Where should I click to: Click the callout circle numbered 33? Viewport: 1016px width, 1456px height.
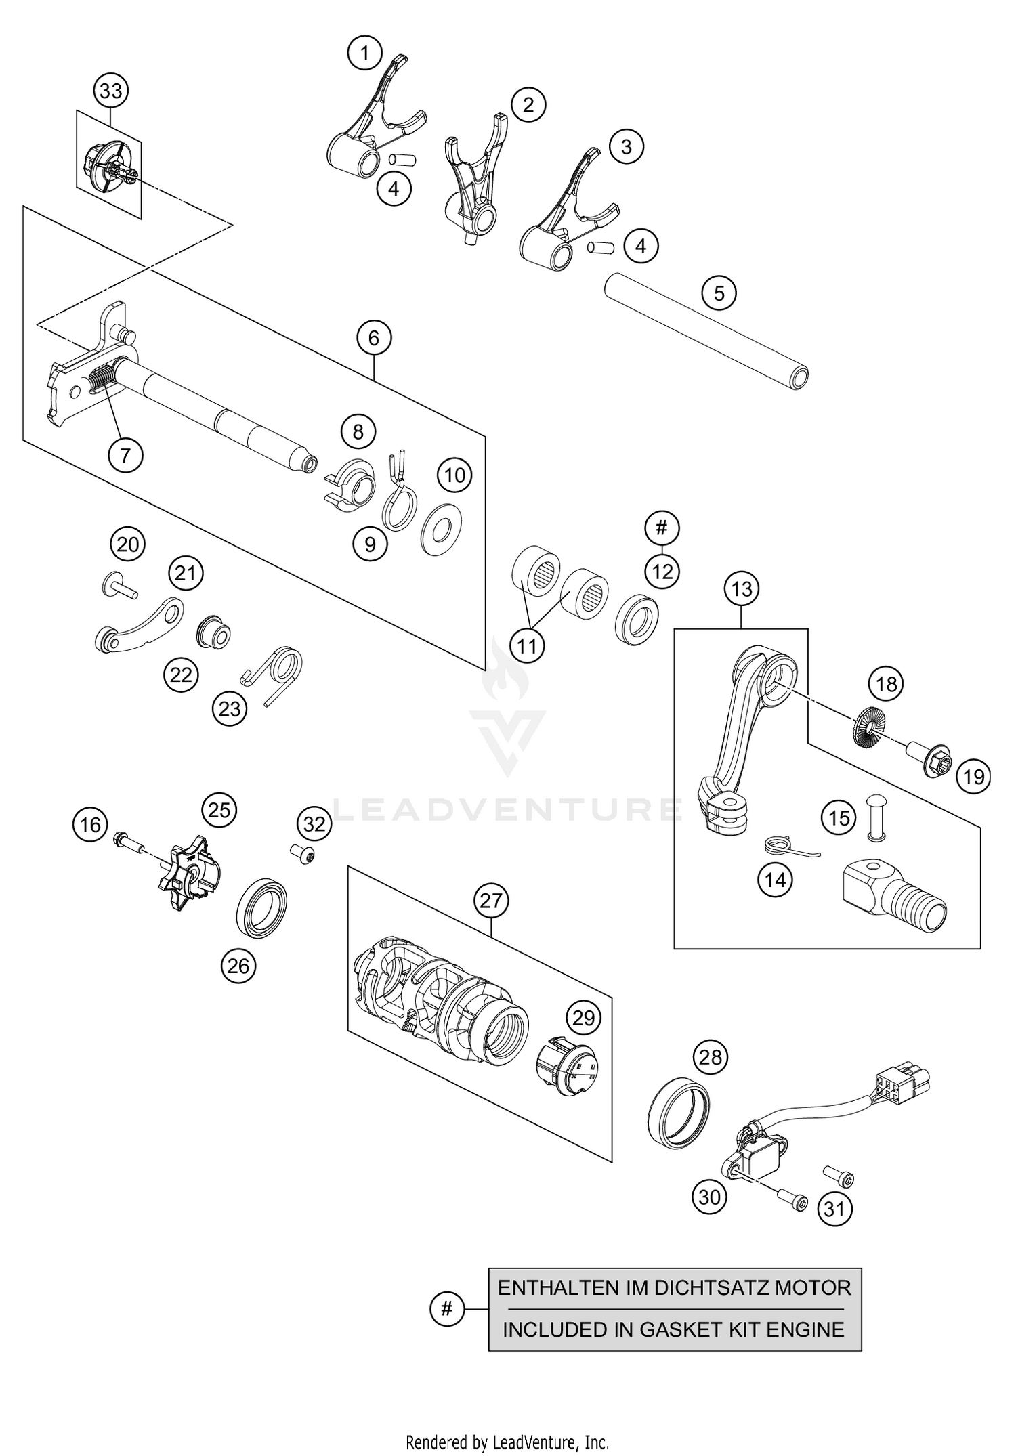111,91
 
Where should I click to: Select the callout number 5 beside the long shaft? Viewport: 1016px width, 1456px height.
719,293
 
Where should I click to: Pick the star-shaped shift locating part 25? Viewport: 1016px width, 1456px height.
191,874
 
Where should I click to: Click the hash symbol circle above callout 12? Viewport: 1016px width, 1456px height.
662,527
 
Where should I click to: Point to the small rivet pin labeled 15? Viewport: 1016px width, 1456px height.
877,818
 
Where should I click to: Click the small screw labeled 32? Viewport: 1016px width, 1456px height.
303,856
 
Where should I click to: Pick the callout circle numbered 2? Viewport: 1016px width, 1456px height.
528,104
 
